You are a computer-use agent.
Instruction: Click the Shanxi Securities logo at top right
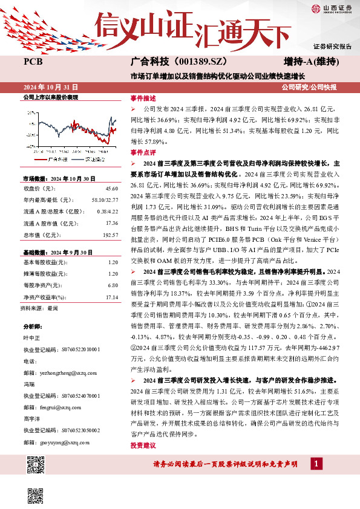tap(331, 8)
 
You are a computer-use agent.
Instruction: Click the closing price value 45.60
tap(112, 189)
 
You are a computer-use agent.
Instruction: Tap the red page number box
tap(316, 463)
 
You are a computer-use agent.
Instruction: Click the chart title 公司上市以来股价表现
tap(51, 97)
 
